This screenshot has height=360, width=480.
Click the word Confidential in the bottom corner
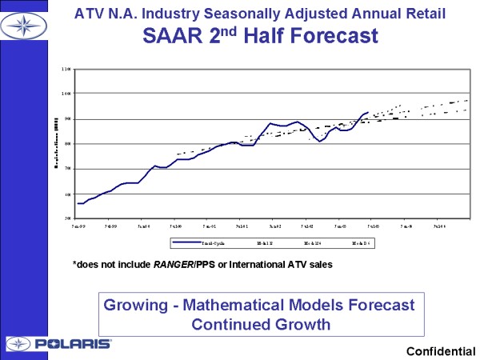tap(441, 351)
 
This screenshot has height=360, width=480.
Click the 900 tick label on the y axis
tap(66, 118)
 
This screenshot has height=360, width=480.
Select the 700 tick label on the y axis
tap(66, 168)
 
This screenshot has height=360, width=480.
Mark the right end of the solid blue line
tap(368, 113)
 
